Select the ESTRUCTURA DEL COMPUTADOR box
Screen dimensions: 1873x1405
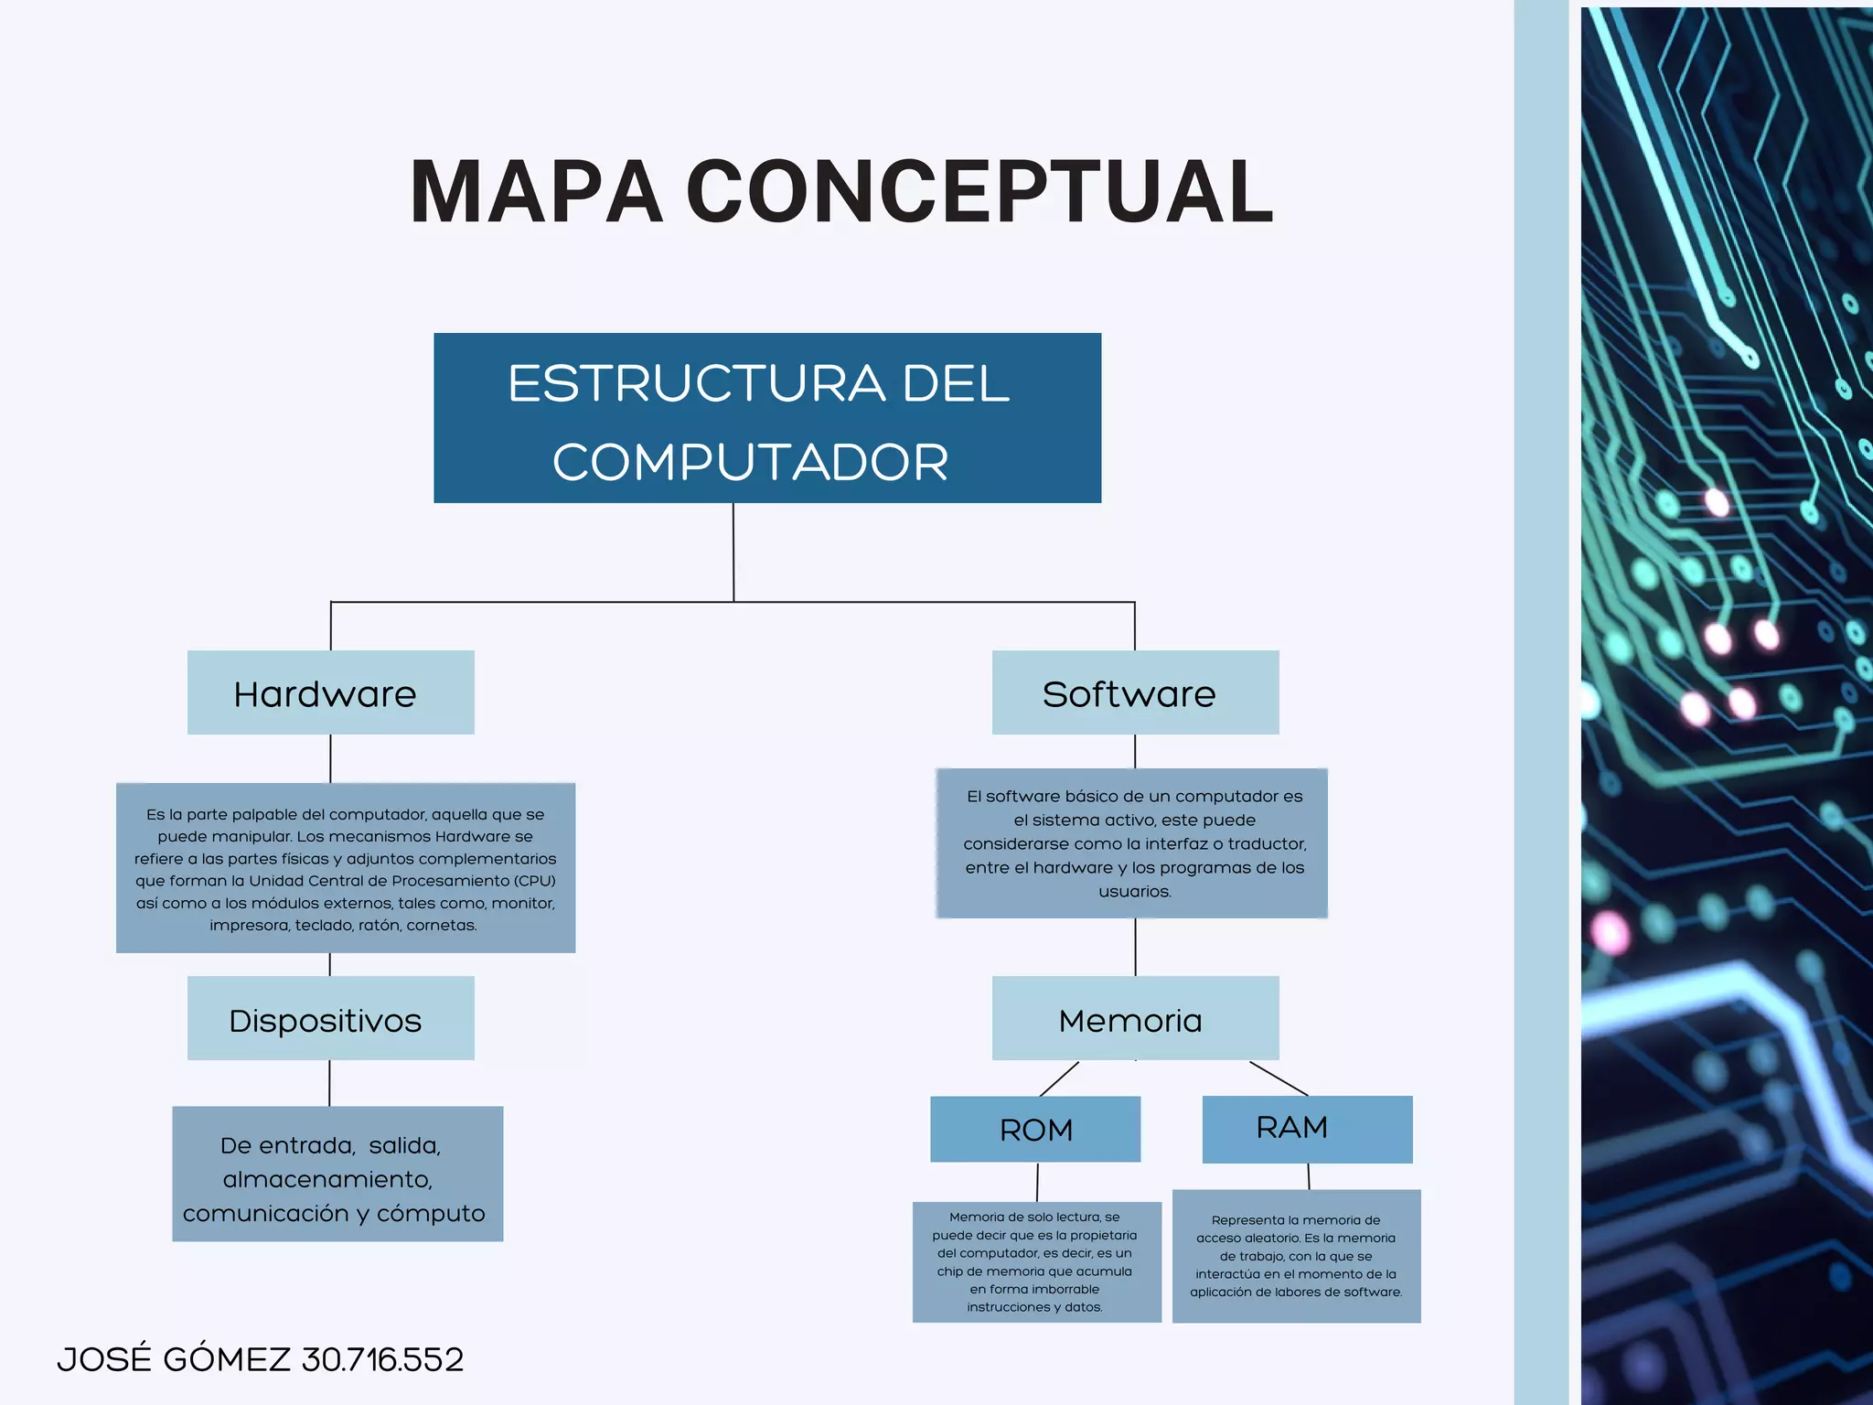point(766,417)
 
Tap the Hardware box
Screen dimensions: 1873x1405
point(330,692)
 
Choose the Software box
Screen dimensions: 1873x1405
point(1135,692)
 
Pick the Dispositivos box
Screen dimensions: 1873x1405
point(330,1018)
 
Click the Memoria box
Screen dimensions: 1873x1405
point(1135,1018)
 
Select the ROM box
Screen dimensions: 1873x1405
point(1035,1130)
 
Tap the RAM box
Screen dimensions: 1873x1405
point(1307,1129)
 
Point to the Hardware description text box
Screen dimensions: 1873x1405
point(346,868)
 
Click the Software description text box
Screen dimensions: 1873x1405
point(1132,843)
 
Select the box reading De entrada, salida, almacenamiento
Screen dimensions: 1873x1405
point(337,1174)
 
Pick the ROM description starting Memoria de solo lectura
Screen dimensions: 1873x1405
point(1036,1262)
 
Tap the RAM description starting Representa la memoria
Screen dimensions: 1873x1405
point(1296,1256)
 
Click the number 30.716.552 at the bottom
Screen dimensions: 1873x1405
point(382,1359)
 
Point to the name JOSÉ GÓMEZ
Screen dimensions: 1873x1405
point(174,1359)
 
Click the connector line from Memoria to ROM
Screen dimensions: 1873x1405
point(1059,1079)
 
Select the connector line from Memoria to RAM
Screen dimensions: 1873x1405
point(1279,1078)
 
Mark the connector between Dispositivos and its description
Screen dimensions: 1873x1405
point(329,1083)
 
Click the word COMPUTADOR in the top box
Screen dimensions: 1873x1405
point(750,462)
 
